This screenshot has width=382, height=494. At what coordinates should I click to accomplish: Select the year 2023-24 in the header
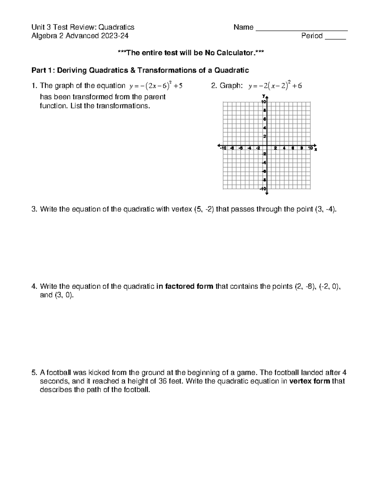click(115, 36)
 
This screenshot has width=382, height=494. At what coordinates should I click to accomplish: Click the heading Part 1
click(41, 70)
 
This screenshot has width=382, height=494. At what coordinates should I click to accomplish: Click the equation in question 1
click(156, 86)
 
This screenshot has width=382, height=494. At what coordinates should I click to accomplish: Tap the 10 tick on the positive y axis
click(264, 102)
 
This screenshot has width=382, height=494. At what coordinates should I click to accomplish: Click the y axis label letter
click(264, 96)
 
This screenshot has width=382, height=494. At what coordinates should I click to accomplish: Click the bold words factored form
click(185, 286)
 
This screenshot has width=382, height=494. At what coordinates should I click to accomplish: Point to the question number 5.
click(34, 372)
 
